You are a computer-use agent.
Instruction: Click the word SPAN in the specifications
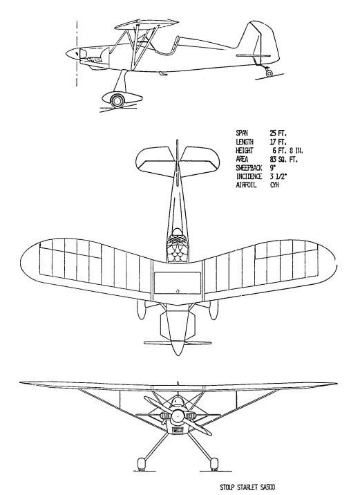click(242, 133)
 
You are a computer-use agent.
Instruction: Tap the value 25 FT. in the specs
click(278, 133)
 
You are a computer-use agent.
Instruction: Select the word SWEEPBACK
click(249, 167)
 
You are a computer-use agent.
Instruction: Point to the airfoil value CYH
click(274, 185)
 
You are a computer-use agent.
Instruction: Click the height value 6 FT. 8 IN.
click(287, 150)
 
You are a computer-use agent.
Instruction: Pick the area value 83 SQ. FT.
click(283, 159)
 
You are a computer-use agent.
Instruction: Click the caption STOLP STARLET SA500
click(247, 487)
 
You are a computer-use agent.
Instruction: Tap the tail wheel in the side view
click(269, 73)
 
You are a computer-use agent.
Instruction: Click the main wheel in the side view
click(117, 101)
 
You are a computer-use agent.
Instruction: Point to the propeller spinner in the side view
click(73, 53)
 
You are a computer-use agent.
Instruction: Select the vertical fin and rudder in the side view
click(263, 42)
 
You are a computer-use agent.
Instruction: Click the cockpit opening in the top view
click(178, 246)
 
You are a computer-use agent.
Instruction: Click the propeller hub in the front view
click(178, 415)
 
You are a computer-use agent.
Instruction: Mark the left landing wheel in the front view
click(142, 463)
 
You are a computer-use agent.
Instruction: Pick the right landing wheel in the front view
click(214, 463)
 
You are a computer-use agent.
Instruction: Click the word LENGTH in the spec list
click(245, 142)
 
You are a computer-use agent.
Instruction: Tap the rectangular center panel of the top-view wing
click(178, 283)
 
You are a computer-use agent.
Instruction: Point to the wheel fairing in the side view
click(122, 98)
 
